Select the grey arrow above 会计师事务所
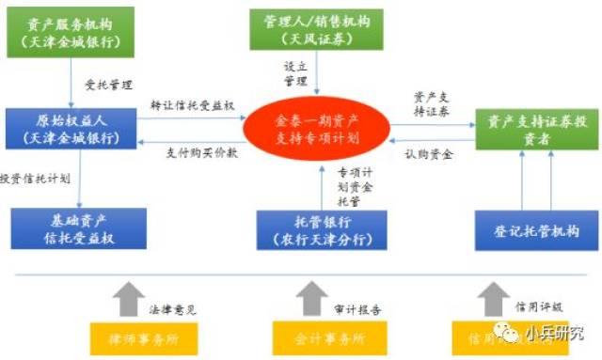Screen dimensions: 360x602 click(311, 299)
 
